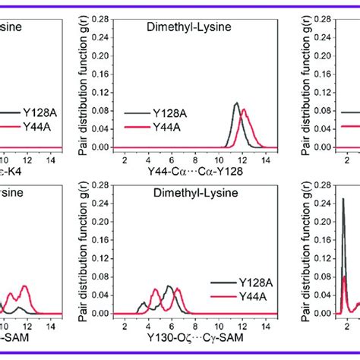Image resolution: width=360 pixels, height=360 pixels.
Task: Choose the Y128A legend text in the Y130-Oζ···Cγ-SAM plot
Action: pyautogui.click(x=245, y=281)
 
